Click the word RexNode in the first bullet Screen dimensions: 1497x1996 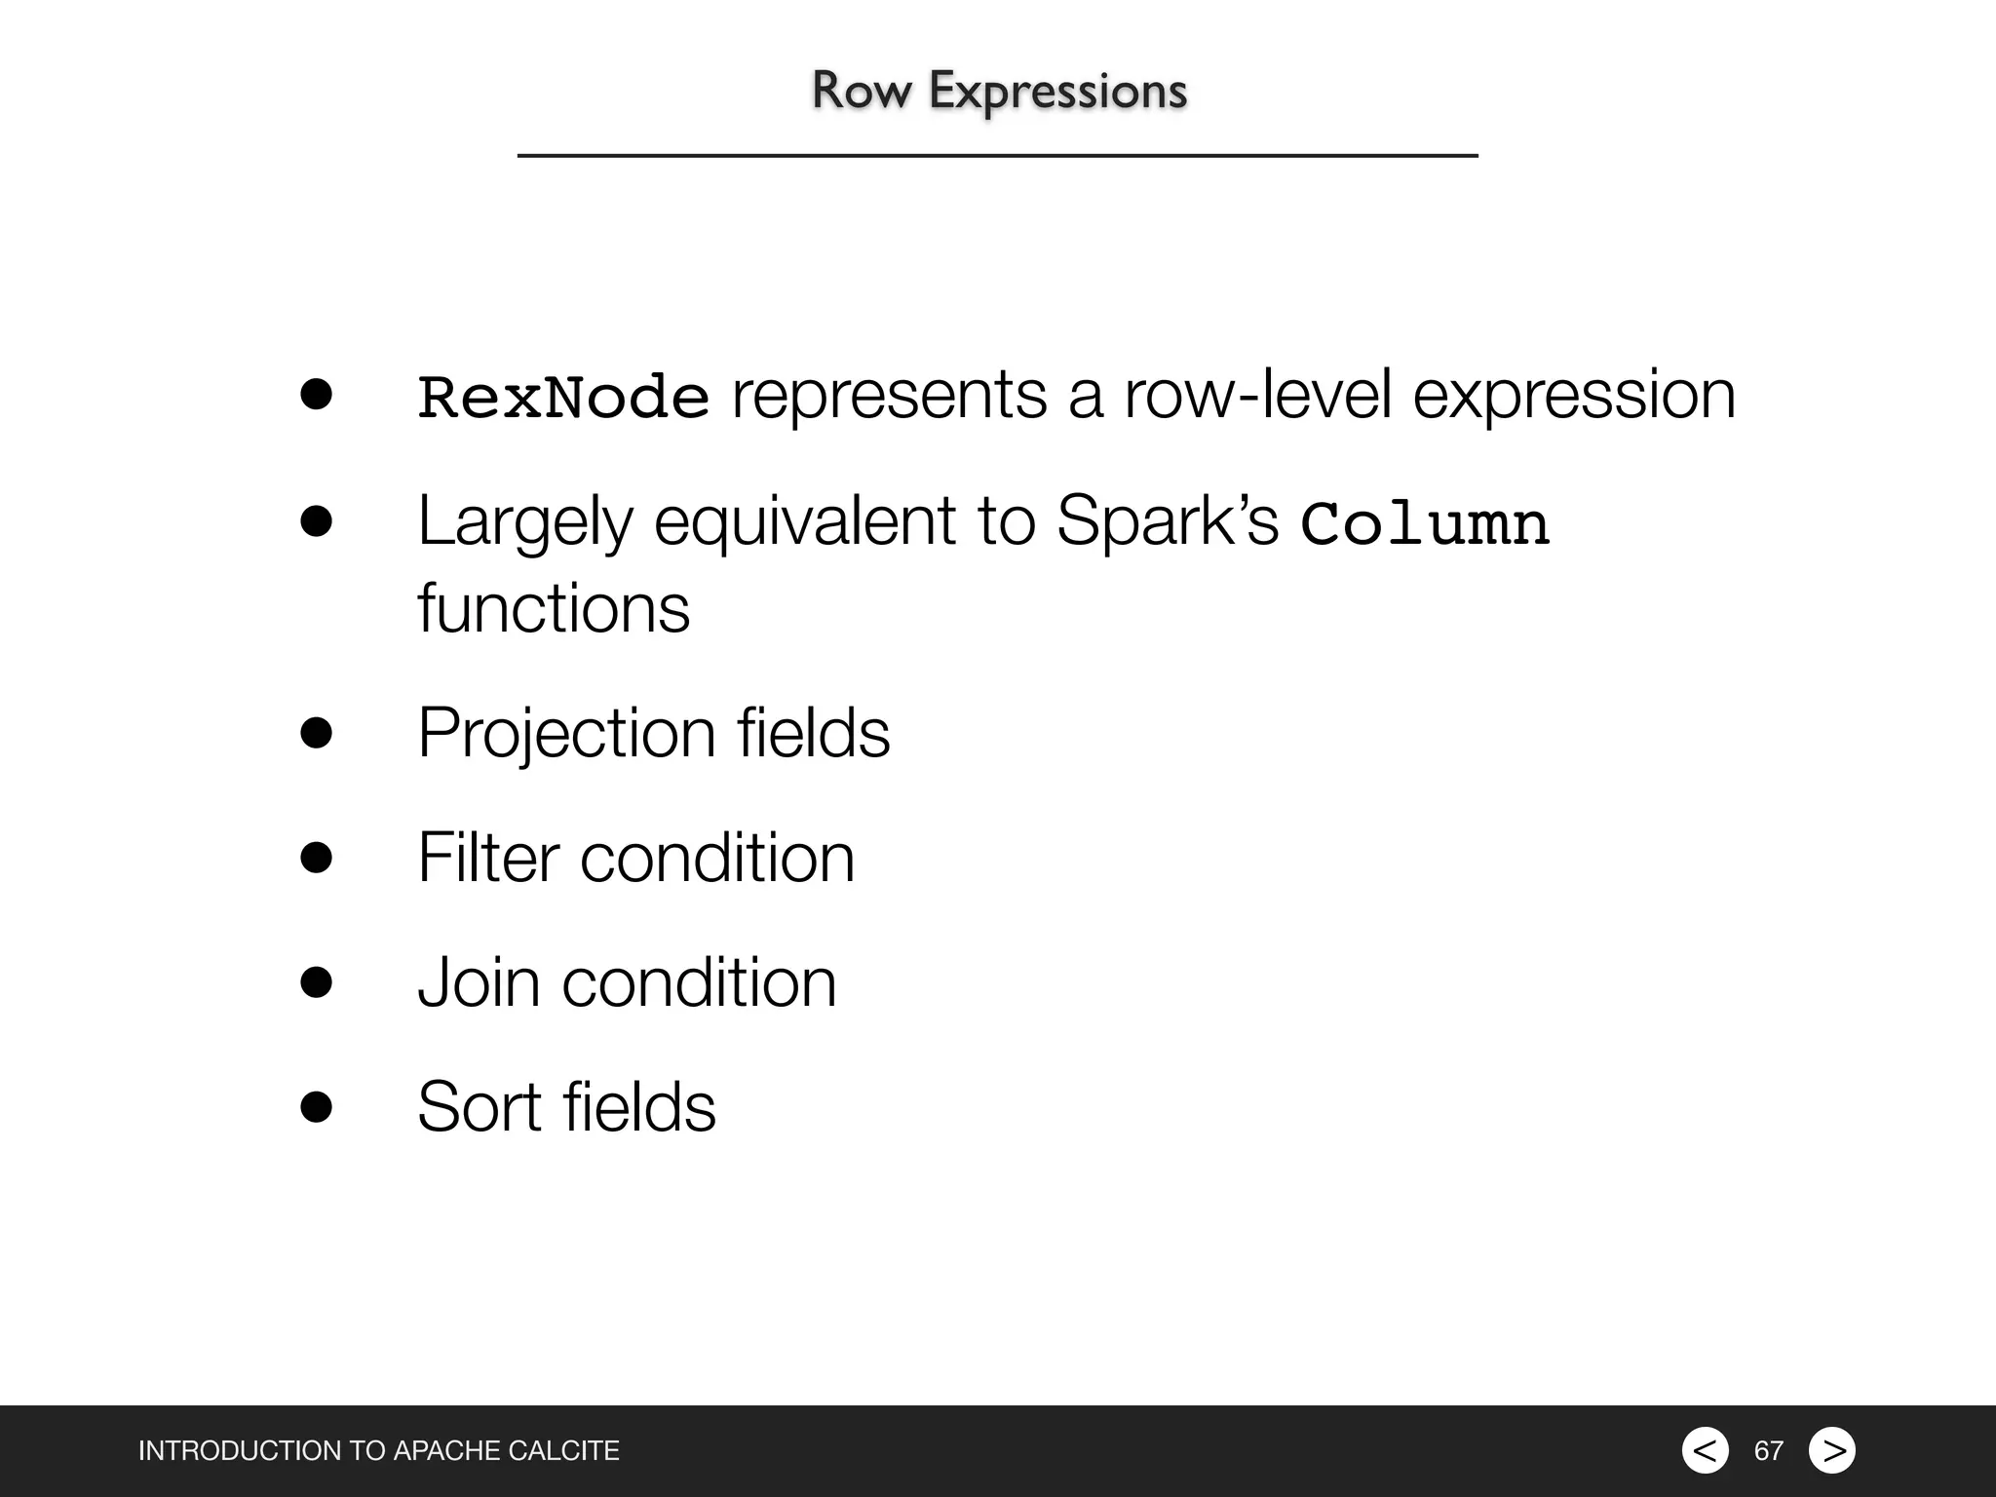pyautogui.click(x=563, y=398)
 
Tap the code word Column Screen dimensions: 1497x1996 pyautogui.click(x=1425, y=523)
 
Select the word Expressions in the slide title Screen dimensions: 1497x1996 pyautogui.click(x=1057, y=92)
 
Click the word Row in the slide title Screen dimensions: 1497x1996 pyautogui.click(x=862, y=91)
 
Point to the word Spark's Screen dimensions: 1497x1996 pyautogui.click(x=1167, y=521)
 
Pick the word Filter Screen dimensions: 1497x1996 pyautogui.click(x=487, y=858)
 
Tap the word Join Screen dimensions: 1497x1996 pyautogui.click(x=479, y=982)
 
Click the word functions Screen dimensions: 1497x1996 pyautogui.click(x=554, y=608)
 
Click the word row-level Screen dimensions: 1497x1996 pyautogui.click(x=1257, y=396)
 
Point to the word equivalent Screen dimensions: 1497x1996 pyautogui.click(x=805, y=521)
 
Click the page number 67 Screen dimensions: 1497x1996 pyautogui.click(x=1768, y=1451)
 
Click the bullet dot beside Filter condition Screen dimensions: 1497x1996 pyautogui.click(x=317, y=858)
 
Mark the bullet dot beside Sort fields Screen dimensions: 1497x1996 pyautogui.click(x=317, y=1107)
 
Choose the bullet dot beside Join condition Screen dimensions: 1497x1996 pyautogui.click(x=317, y=982)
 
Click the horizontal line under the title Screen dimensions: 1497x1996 pyautogui.click(x=997, y=155)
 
